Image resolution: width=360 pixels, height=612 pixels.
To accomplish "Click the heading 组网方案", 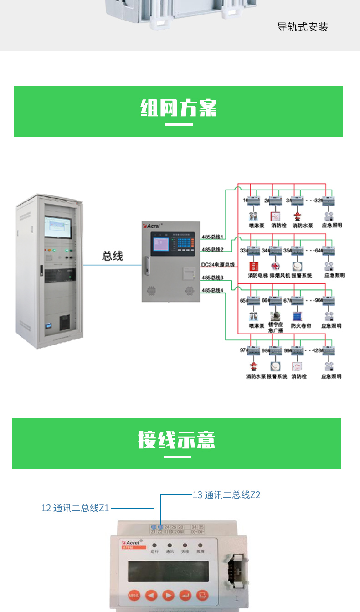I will click(178, 108).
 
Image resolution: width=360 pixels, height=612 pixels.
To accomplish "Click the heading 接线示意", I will click(176, 441).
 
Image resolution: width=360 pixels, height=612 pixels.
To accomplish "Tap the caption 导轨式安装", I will click(303, 27).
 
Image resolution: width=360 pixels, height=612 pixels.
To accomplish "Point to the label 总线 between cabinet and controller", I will click(112, 256).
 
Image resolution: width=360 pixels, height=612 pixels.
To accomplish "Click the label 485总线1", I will click(212, 236).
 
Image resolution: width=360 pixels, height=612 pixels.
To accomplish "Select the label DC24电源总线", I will click(218, 264).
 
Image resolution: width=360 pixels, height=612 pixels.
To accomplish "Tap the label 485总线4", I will click(212, 290).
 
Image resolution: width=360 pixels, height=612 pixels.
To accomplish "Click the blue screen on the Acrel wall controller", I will click(160, 244).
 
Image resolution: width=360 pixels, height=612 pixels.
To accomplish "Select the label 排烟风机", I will click(279, 275).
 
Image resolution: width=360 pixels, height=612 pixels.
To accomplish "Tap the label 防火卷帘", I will click(301, 326).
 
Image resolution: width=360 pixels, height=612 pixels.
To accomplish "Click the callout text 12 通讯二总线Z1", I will click(75, 508).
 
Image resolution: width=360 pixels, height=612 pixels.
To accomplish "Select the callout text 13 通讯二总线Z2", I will click(226, 494).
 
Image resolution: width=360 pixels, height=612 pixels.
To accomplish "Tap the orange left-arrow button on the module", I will click(151, 595).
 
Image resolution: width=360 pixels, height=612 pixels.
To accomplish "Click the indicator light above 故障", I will click(200, 545).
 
